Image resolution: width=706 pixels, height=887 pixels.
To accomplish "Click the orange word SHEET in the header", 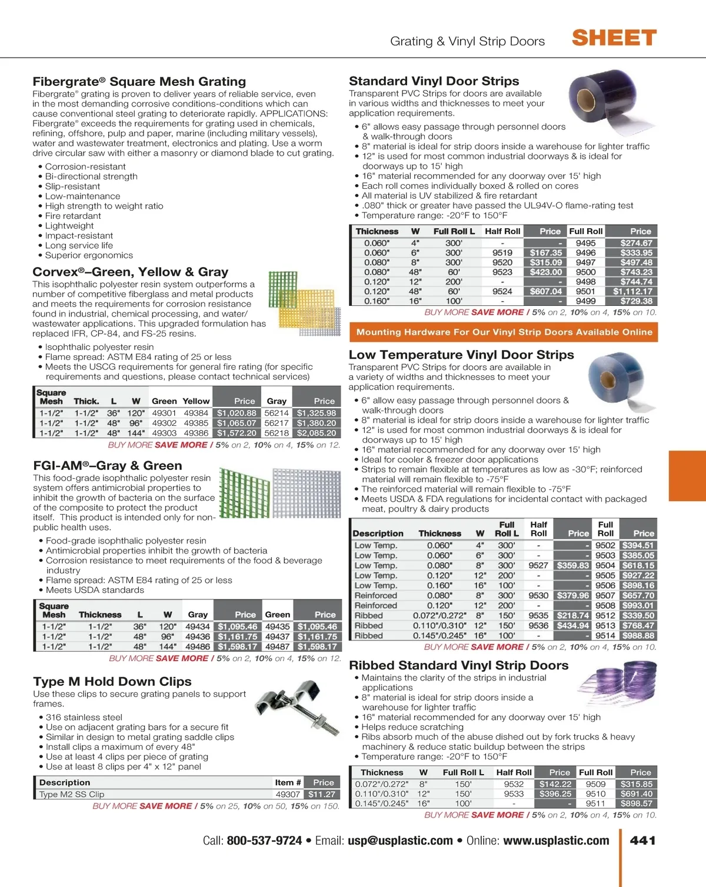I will [614, 38].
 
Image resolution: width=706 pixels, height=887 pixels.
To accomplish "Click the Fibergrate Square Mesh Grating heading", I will [139, 82].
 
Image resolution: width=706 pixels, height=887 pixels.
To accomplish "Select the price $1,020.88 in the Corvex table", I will [237, 413].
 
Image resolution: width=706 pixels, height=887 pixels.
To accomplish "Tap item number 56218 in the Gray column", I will [277, 433].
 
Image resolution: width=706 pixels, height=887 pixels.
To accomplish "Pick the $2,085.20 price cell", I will [317, 433].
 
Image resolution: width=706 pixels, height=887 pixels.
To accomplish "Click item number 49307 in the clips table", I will [288, 794].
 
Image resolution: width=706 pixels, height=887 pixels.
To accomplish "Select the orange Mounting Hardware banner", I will [504, 332].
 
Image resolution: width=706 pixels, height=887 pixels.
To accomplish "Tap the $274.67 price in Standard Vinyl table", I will [636, 243].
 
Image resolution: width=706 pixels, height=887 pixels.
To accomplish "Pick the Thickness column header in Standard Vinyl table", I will [377, 232].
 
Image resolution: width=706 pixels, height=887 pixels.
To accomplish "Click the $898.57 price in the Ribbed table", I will [636, 803].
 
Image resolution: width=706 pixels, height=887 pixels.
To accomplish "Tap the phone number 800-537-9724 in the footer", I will [264, 841].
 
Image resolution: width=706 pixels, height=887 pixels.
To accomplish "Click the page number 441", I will [642, 841].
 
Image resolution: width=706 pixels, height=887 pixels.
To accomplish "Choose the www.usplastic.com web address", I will [556, 841].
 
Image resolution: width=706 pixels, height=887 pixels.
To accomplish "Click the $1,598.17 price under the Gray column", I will [237, 646].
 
